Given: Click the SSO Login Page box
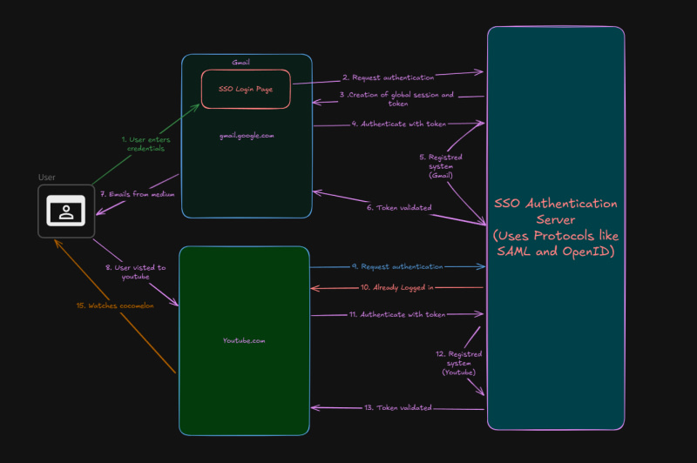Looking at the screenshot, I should [x=246, y=90].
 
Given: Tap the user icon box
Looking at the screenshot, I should [x=66, y=211].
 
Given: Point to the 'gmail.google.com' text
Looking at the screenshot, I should [x=247, y=136].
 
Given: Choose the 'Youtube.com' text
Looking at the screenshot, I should [x=244, y=340].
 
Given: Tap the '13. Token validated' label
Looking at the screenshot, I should [x=397, y=407].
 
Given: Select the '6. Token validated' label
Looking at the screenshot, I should [x=398, y=207].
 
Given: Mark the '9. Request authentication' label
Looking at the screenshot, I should [x=396, y=265].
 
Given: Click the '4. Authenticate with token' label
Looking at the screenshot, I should [x=398, y=124].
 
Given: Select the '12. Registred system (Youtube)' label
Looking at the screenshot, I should [x=458, y=363].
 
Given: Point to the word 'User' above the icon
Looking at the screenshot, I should [x=47, y=178].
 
